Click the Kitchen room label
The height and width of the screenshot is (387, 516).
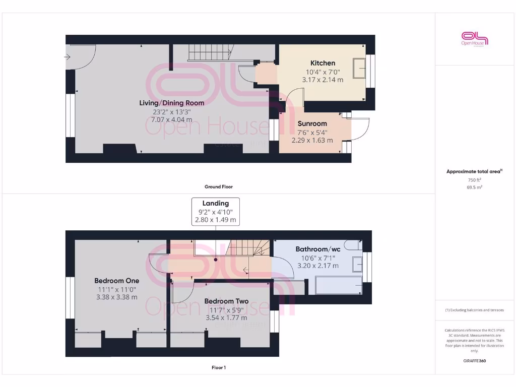pyautogui.click(x=322, y=63)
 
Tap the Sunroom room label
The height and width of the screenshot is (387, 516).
pyautogui.click(x=312, y=123)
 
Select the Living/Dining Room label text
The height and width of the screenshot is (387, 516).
pyautogui.click(x=171, y=103)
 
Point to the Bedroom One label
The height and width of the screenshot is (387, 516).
pyautogui.click(x=116, y=281)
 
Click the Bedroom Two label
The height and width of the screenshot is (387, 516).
pyautogui.click(x=226, y=301)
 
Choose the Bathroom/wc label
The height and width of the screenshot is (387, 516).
pyautogui.click(x=317, y=249)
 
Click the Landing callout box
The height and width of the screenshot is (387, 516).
pyautogui.click(x=216, y=211)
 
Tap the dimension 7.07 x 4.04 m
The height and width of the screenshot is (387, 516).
pyautogui.click(x=171, y=120)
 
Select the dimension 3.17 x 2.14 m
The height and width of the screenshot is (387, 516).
pyautogui.click(x=322, y=80)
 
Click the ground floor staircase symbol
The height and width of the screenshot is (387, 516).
pyautogui.click(x=210, y=52)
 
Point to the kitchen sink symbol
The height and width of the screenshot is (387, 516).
pyautogui.click(x=360, y=68)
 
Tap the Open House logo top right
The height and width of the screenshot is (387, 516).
pyautogui.click(x=475, y=39)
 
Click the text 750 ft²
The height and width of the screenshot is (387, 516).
pyautogui.click(x=474, y=180)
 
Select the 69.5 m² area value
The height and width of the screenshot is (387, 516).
pyautogui.click(x=474, y=187)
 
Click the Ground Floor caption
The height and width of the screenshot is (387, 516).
pyautogui.click(x=218, y=186)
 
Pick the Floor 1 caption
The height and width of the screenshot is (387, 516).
pyautogui.click(x=218, y=368)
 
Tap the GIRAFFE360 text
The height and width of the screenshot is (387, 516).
pyautogui.click(x=474, y=361)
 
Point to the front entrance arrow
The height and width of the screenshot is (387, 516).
pyautogui.click(x=68, y=57)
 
